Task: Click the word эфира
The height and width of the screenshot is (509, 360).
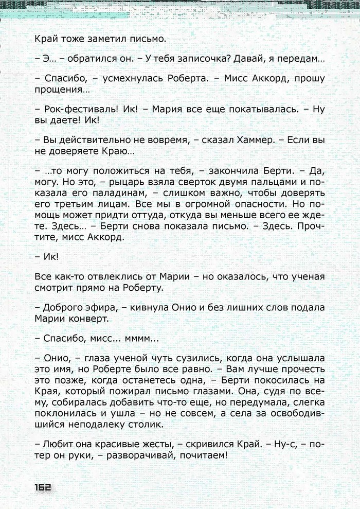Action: point(104,308)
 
